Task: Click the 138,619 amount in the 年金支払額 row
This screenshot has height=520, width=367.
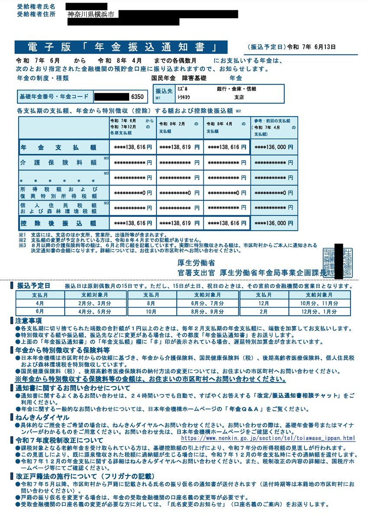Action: pyautogui.click(x=179, y=147)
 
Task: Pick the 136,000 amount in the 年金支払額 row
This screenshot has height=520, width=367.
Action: pyautogui.click(x=274, y=147)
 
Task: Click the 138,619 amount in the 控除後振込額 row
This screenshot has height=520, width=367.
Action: pyautogui.click(x=179, y=223)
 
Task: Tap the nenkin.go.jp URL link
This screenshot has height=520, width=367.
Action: pyautogui.click(x=268, y=438)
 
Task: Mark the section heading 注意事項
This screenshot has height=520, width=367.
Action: pyautogui.click(x=29, y=321)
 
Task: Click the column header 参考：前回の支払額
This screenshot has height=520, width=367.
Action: pyautogui.click(x=274, y=124)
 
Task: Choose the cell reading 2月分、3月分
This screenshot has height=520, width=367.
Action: pyautogui.click(x=96, y=303)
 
